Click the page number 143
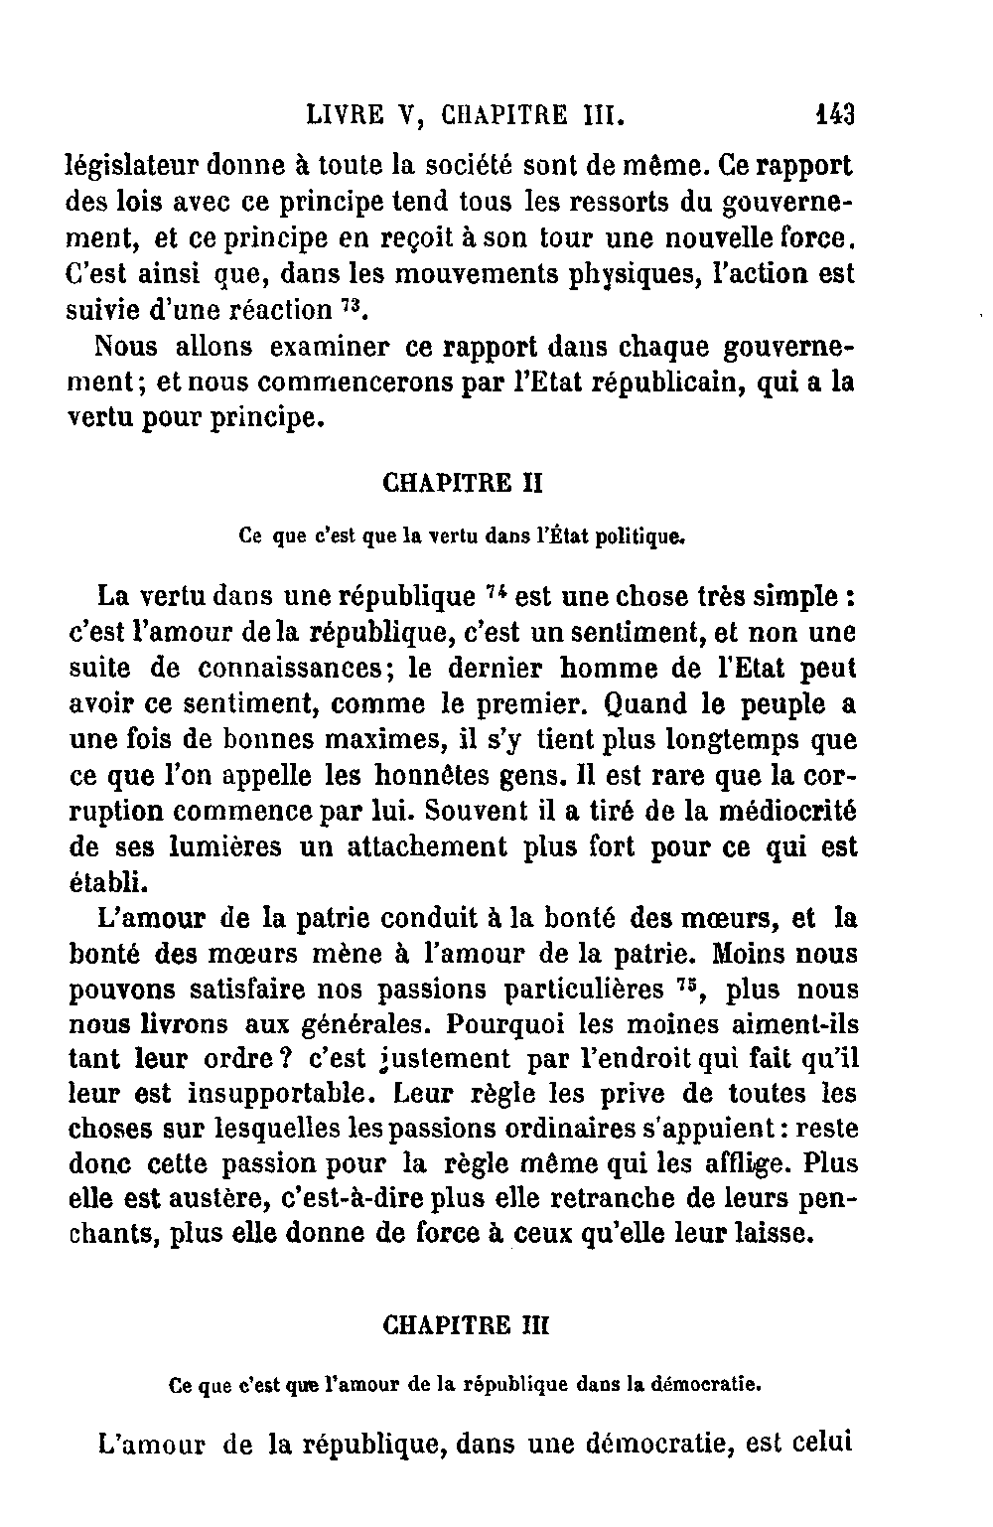click(x=834, y=114)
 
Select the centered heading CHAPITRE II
click(x=462, y=484)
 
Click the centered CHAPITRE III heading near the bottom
click(x=465, y=1326)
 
